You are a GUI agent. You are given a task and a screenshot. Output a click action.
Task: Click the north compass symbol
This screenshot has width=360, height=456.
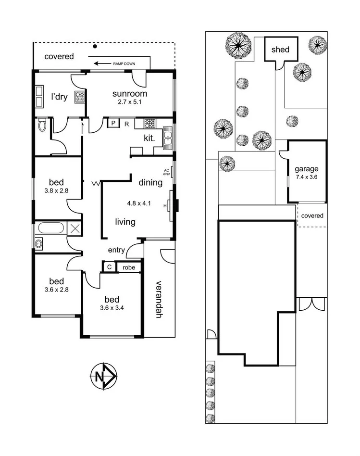(103, 376)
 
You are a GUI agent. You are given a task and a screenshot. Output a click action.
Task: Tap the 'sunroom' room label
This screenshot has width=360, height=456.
(129, 93)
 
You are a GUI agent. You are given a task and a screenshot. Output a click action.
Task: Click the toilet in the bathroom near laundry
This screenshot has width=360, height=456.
(42, 126)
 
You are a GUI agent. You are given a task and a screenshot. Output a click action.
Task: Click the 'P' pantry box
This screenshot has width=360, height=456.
(113, 123)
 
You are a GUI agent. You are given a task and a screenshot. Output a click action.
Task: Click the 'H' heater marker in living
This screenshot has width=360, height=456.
(165, 206)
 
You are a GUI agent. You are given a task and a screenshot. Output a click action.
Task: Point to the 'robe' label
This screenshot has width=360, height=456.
(128, 267)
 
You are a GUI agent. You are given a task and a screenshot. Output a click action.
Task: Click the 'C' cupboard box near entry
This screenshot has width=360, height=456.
(109, 267)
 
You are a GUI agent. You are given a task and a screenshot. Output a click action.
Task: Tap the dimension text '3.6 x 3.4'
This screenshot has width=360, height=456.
(112, 308)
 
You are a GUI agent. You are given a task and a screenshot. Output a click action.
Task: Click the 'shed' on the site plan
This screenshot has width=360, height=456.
(280, 49)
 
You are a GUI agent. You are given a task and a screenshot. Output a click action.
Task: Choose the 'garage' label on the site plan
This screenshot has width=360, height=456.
(307, 169)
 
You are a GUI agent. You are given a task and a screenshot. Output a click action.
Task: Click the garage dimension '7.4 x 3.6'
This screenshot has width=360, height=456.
(307, 177)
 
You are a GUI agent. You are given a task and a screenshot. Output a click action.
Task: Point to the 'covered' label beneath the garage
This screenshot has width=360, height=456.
(312, 215)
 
